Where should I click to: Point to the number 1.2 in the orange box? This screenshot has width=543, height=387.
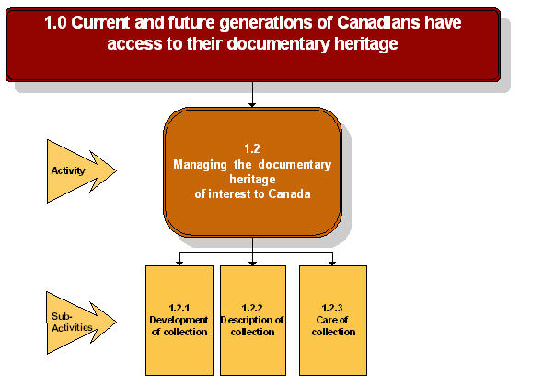tap(252, 147)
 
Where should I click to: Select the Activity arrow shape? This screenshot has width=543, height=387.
tap(79, 170)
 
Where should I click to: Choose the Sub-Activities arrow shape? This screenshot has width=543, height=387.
tap(79, 322)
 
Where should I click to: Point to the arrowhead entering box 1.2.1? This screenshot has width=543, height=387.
tap(179, 262)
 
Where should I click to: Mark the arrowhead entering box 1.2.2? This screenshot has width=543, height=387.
tap(253, 262)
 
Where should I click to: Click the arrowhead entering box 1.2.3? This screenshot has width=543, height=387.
tap(332, 262)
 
